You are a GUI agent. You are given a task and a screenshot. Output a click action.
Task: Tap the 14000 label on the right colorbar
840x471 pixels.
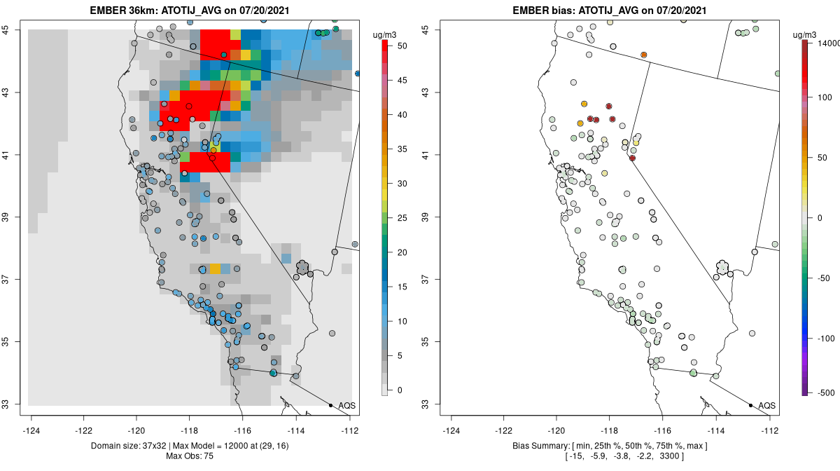pos(823,43)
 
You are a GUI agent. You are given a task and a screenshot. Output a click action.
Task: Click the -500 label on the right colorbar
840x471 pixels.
pos(820,392)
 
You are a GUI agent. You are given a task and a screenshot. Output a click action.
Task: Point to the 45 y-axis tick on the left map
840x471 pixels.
pos(14,29)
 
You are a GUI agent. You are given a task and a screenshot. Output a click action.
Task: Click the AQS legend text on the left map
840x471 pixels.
pos(346,406)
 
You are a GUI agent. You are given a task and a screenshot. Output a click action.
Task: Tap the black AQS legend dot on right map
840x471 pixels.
pos(750,405)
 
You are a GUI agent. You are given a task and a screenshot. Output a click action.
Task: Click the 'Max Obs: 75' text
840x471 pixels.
pos(190,456)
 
